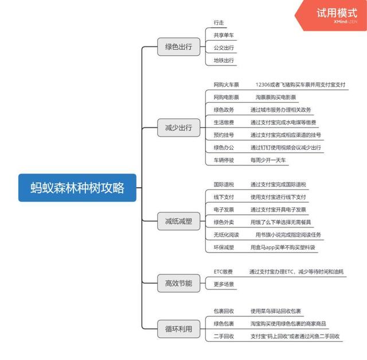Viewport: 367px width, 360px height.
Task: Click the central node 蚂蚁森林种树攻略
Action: [x=77, y=188]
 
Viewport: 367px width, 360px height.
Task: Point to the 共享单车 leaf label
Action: [x=224, y=34]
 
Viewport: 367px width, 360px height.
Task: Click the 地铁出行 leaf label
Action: [x=224, y=60]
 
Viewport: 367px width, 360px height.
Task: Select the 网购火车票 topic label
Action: [x=227, y=84]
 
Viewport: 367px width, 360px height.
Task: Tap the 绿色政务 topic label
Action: [x=224, y=110]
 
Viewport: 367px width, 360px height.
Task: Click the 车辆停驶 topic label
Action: [x=224, y=160]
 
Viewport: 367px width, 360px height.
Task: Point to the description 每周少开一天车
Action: [x=268, y=160]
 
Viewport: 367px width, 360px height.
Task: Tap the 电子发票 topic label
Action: [x=224, y=210]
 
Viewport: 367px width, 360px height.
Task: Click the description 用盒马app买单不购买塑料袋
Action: [x=283, y=247]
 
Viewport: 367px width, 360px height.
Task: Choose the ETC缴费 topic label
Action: [x=223, y=271]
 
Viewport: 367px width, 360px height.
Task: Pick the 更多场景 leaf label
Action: [x=224, y=284]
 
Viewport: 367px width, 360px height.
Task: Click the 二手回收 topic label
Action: [x=224, y=336]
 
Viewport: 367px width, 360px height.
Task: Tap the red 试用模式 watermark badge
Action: [x=337, y=14]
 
